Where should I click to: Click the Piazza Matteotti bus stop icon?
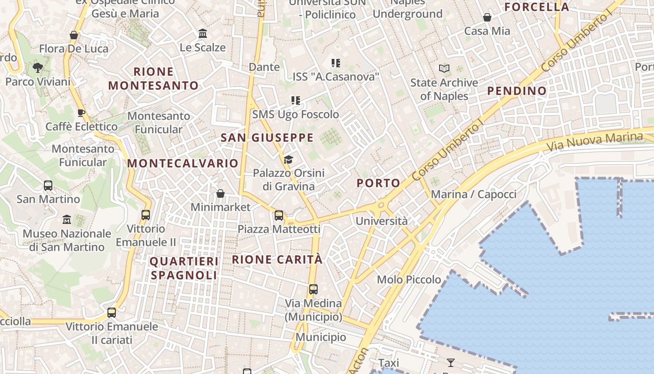[279, 216]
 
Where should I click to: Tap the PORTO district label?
[378, 183]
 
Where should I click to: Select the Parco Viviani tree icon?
[38, 68]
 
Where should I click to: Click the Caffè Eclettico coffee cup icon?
[81, 113]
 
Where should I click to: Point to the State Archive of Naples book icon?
[444, 69]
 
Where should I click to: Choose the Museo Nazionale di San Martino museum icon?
[67, 219]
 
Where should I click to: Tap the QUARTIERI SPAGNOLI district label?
[184, 268]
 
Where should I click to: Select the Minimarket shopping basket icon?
[220, 194]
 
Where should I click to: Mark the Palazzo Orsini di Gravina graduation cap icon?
[288, 160]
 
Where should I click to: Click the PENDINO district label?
[517, 91]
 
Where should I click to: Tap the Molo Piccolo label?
[409, 280]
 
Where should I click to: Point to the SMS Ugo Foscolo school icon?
[295, 101]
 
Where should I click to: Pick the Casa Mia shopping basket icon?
[487, 18]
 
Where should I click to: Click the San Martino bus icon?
[48, 186]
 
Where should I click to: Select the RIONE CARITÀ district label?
[277, 260]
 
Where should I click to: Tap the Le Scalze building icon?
[203, 34]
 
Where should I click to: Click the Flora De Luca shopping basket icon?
[73, 35]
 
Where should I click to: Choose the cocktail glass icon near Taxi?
[450, 362]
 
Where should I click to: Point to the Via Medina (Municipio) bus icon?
[313, 289]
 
